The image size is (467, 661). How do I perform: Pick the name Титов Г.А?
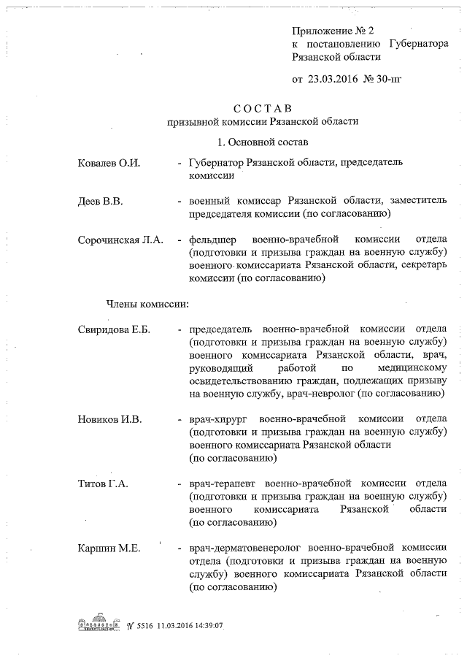(104, 484)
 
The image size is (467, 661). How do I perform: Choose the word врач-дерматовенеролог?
(245, 547)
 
